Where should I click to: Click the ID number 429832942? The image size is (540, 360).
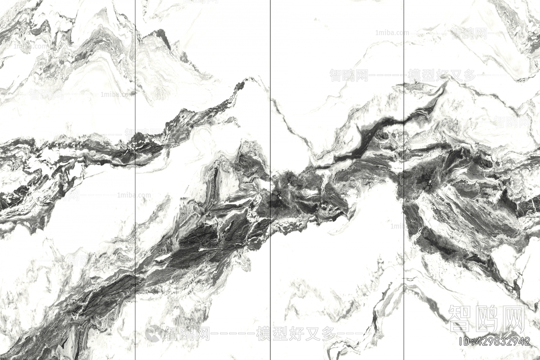504,341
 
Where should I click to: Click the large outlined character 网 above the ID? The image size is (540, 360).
513,318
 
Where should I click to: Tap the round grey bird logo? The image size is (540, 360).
154,334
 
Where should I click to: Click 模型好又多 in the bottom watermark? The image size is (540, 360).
296,334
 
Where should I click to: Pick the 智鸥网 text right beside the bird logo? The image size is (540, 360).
188,334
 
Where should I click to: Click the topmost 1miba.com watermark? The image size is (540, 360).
392,33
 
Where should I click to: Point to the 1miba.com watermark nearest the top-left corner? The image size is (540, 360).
30,46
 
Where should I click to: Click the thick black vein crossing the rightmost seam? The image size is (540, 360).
404,120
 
